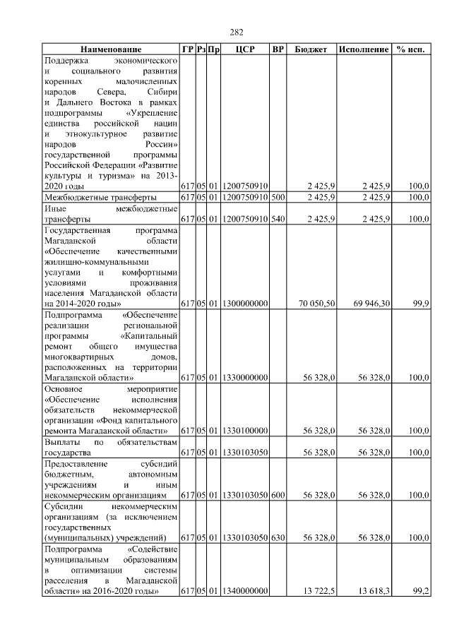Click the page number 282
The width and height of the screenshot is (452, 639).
click(x=237, y=32)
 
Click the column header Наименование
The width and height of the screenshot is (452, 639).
click(x=110, y=50)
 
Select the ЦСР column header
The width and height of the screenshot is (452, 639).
click(x=244, y=50)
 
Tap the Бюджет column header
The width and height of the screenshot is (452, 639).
click(x=311, y=50)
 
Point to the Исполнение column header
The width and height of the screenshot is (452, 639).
click(x=364, y=50)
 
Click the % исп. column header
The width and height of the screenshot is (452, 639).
click(x=412, y=50)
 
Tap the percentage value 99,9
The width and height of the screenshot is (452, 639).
click(x=421, y=304)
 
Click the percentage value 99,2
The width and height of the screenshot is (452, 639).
click(x=421, y=590)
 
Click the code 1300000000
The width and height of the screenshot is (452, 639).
click(x=244, y=304)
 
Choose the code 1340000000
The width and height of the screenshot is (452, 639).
click(x=244, y=590)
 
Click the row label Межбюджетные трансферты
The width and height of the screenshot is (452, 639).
click(x=100, y=197)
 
